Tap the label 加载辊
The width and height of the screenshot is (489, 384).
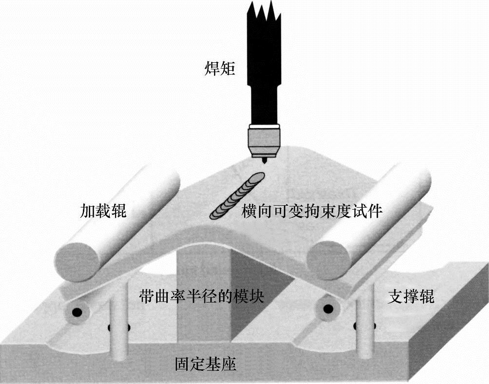pyautogui.click(x=103, y=211)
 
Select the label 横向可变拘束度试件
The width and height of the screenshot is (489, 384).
pyautogui.click(x=312, y=211)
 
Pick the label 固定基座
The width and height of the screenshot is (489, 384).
pyautogui.click(x=206, y=364)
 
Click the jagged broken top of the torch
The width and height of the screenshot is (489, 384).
pyautogui.click(x=265, y=12)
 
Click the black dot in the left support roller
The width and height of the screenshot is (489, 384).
pyautogui.click(x=77, y=311)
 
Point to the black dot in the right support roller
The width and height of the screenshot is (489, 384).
pyautogui.click(x=329, y=309)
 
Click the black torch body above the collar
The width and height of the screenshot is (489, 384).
pyautogui.click(x=264, y=73)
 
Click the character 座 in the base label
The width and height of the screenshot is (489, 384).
pyautogui.click(x=229, y=364)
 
